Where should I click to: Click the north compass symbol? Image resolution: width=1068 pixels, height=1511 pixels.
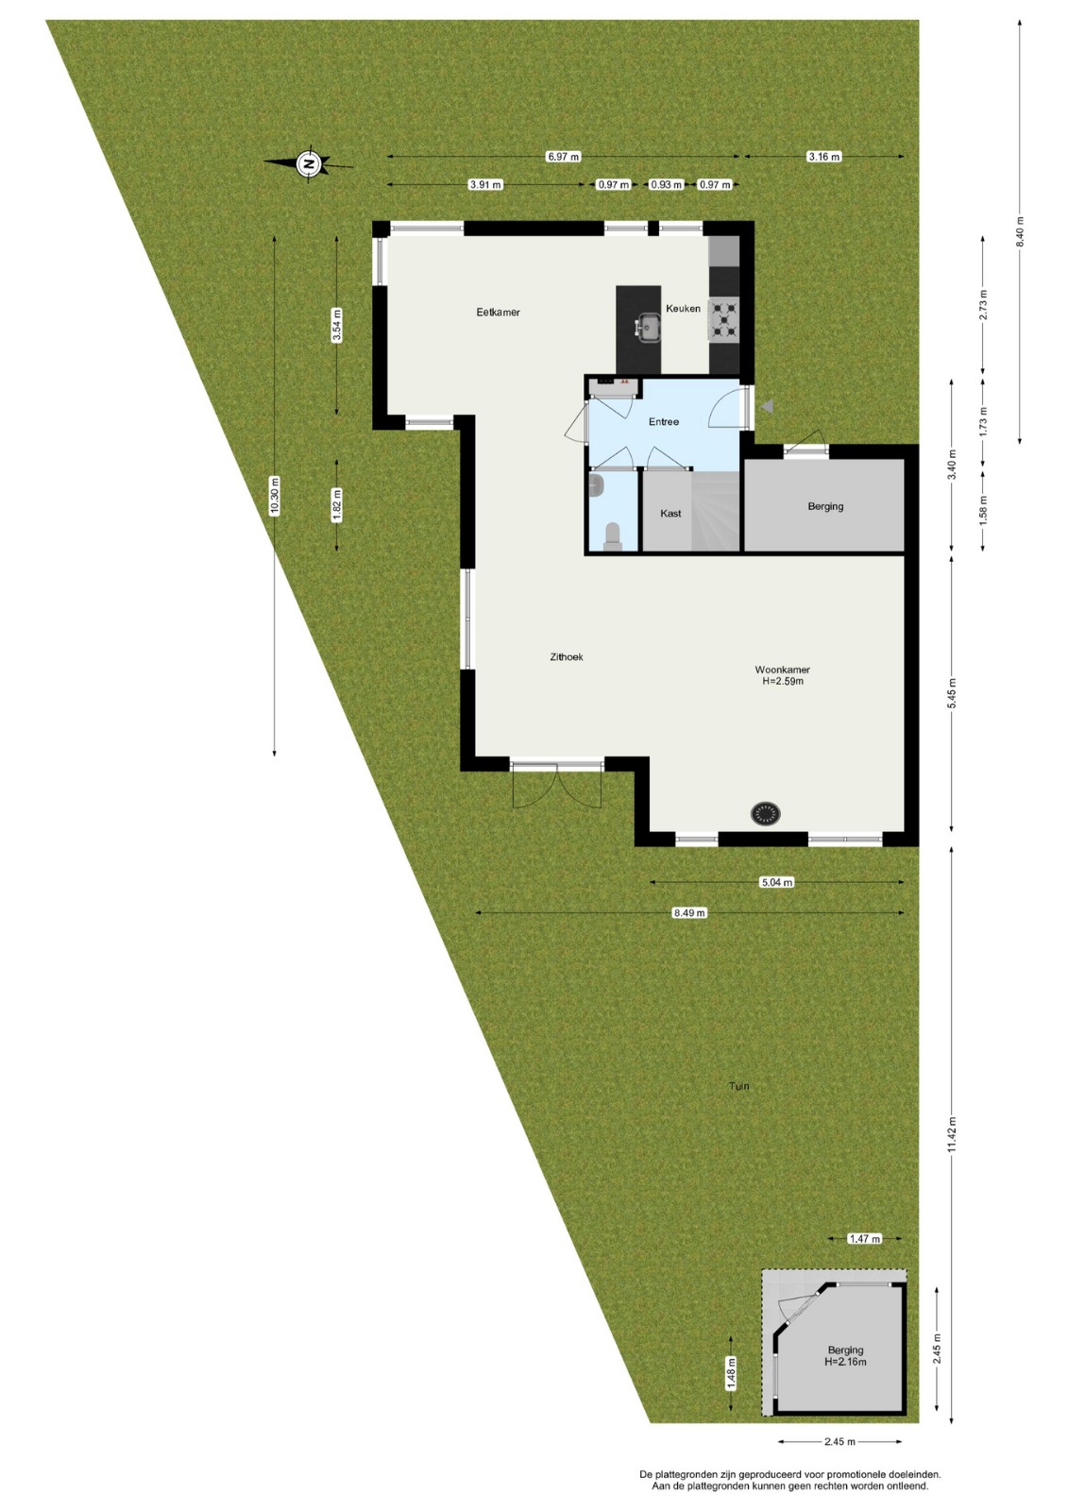click(x=309, y=162)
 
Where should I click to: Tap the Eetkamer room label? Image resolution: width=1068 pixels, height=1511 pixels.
click(x=498, y=313)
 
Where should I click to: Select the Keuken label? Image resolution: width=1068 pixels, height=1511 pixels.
click(x=683, y=308)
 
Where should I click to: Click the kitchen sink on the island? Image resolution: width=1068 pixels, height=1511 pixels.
click(x=648, y=328)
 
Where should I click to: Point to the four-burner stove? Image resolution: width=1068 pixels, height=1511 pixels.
click(x=722, y=317)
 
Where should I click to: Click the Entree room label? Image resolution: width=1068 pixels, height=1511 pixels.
click(x=663, y=421)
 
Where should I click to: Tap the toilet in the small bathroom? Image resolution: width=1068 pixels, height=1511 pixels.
click(x=613, y=536)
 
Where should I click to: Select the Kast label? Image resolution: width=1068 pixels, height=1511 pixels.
click(x=670, y=514)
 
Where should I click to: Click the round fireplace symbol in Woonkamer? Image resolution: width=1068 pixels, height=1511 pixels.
click(x=766, y=813)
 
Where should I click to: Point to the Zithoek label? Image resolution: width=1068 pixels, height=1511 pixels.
click(x=566, y=656)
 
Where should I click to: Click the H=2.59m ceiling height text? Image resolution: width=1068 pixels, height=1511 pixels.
click(x=783, y=681)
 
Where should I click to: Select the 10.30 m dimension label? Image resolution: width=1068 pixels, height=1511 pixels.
click(x=274, y=496)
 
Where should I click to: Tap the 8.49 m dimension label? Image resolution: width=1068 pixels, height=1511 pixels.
click(x=689, y=912)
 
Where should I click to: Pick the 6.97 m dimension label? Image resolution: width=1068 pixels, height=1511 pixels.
click(x=564, y=157)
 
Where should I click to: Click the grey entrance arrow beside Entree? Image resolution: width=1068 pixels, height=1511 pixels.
click(x=769, y=406)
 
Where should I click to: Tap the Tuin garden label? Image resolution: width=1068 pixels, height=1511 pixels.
click(x=739, y=1086)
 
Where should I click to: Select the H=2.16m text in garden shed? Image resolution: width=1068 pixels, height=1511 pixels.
click(x=845, y=1361)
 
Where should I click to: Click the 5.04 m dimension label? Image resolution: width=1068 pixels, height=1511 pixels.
click(x=777, y=882)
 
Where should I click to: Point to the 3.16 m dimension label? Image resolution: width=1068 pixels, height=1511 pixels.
click(x=824, y=157)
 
